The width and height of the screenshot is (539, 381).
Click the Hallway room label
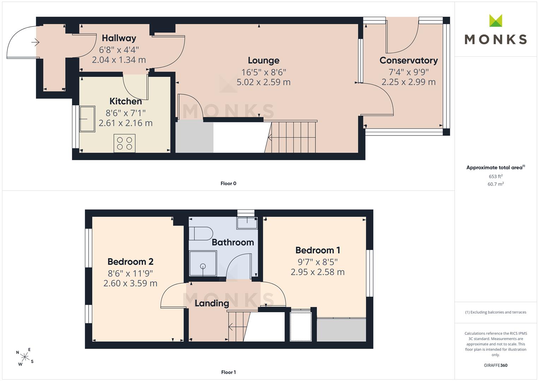[x=119, y=38]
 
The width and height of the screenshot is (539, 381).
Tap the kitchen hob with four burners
[x=124, y=143]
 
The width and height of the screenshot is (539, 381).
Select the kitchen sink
[x=87, y=119]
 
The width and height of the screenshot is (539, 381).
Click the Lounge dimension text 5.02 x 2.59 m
[x=263, y=82]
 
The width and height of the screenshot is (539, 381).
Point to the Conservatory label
[x=409, y=60]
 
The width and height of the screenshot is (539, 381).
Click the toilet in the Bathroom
[x=201, y=233]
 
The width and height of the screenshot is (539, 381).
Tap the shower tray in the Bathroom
[x=203, y=264]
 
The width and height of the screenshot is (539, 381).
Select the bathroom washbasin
[x=247, y=223]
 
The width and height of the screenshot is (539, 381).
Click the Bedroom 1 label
[x=318, y=250]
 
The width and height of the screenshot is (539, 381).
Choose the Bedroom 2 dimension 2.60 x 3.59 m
[x=130, y=283]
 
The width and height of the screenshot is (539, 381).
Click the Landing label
[x=212, y=303]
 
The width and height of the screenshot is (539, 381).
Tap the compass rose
[x=25, y=357]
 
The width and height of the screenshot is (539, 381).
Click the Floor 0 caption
[x=228, y=183]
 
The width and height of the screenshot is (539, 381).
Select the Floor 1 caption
[x=228, y=372]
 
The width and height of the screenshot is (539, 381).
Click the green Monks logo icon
[x=496, y=20]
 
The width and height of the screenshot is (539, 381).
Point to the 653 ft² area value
[x=496, y=176]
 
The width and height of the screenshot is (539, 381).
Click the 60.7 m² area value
[x=496, y=184]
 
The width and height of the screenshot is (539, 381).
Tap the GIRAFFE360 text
[x=496, y=365]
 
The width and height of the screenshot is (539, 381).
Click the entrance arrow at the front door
[x=35, y=42]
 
